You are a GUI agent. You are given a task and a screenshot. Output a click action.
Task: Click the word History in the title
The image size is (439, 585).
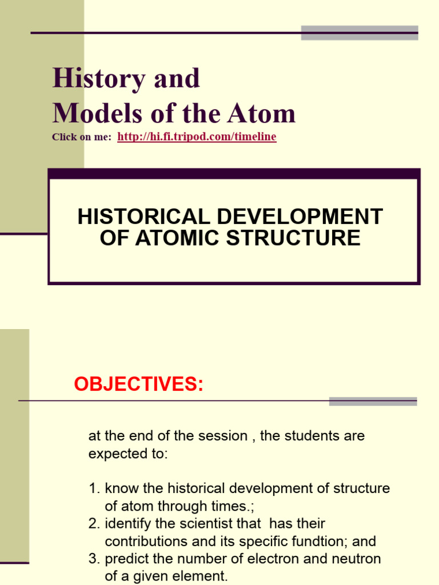[x=98, y=78]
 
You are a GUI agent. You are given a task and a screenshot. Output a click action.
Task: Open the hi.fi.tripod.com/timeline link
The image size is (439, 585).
[x=197, y=137]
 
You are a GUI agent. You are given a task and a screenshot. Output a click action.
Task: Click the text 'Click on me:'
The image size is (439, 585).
[x=81, y=137]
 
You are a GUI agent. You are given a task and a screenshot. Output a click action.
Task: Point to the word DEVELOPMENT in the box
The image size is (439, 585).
[x=307, y=217]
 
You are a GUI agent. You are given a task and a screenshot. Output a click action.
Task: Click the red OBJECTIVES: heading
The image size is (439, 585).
[x=138, y=384]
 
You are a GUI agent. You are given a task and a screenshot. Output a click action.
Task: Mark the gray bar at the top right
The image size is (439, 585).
[x=360, y=33]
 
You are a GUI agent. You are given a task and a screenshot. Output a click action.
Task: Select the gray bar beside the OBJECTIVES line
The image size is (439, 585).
[x=373, y=401]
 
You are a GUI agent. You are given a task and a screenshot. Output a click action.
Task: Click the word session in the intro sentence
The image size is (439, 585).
[x=221, y=436]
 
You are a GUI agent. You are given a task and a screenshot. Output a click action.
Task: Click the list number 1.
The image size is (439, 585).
[x=94, y=488]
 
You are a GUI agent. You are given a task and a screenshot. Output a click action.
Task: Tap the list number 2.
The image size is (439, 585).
[x=94, y=523]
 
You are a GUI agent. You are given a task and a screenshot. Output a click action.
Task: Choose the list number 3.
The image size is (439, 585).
[x=94, y=558]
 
